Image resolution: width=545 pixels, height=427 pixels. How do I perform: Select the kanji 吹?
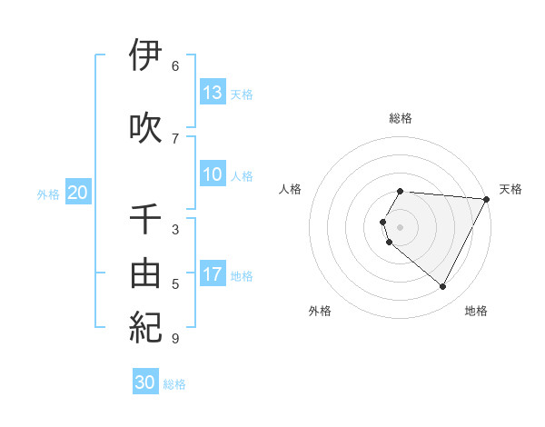coord(145,127)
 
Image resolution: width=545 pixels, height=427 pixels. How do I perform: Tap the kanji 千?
coord(145,219)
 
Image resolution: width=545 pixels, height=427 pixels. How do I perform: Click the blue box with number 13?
coord(213,93)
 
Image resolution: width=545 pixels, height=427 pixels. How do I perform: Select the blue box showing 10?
coord(213,174)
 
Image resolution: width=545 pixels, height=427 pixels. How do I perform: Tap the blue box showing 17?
coord(213,274)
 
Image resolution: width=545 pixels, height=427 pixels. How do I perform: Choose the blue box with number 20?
coord(78,193)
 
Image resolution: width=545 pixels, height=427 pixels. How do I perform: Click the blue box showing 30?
coord(145,382)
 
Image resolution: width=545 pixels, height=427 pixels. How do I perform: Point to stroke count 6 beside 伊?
coord(175,66)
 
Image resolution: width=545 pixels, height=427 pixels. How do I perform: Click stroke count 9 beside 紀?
coord(175,339)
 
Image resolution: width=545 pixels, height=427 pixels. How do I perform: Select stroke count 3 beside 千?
coord(175,230)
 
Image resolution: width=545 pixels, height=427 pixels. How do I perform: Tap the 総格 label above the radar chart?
coord(401,118)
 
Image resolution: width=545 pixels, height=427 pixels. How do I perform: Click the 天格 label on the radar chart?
coord(510,189)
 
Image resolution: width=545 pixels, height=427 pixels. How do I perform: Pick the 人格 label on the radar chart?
coord(291,189)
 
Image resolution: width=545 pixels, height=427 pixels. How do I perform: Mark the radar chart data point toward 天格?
coord(487,199)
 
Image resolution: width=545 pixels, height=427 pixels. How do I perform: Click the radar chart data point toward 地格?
coord(443,287)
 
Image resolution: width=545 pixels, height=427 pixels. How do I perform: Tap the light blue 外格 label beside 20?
coord(48,194)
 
